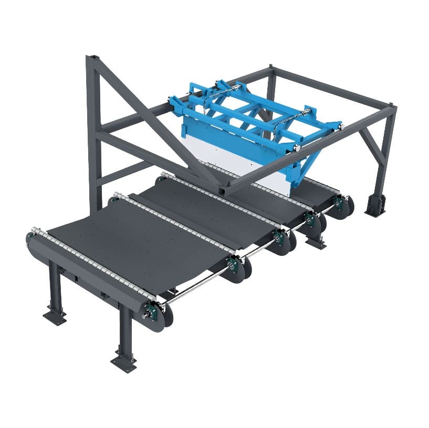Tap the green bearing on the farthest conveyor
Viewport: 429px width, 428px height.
pos(340,202)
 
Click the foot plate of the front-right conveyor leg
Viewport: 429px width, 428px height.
pos(124,361)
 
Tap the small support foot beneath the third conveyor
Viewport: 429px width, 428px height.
pos(316,242)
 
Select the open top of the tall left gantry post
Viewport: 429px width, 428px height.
pos(92,56)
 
